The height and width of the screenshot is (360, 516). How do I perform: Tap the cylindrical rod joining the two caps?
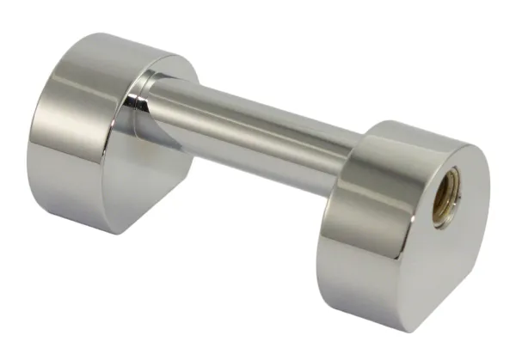(x=258, y=129)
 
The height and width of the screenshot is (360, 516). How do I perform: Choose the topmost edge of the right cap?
(x=413, y=125)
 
